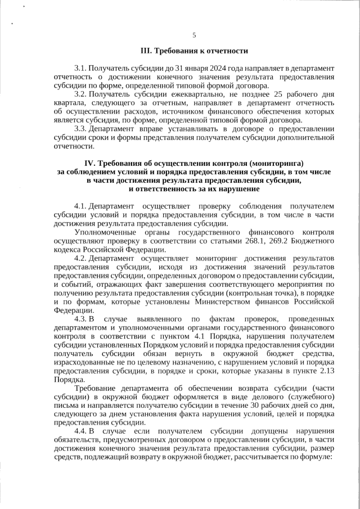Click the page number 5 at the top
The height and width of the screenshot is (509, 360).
[x=194, y=35]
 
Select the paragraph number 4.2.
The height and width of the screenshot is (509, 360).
[x=80, y=258]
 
